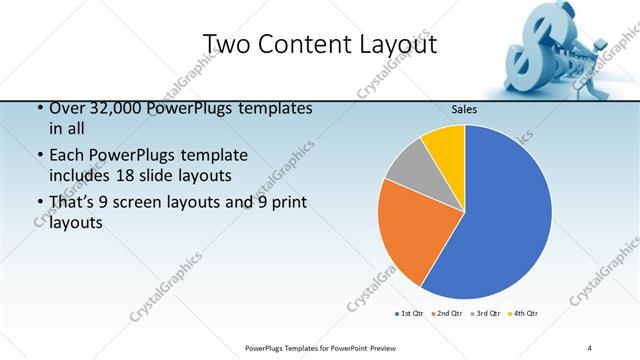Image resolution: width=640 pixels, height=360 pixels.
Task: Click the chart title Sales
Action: point(463,109)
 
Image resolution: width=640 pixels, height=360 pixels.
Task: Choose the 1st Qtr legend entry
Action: point(410,314)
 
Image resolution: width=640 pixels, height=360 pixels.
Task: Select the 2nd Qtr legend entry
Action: point(445,314)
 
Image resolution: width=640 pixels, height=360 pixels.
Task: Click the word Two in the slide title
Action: point(227,44)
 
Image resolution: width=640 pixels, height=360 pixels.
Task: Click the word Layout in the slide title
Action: point(394,44)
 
